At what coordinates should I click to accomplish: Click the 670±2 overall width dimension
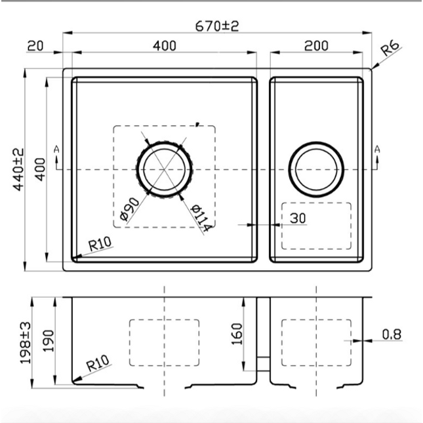[x=217, y=26]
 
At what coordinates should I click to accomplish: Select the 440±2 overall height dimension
[x=18, y=169]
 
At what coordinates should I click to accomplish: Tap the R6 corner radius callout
[x=390, y=49]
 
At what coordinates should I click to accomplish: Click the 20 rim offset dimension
[x=35, y=46]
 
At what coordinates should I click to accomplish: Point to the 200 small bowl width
[x=316, y=46]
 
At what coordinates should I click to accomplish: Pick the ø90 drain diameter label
[x=129, y=209]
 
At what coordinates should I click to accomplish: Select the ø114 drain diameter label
[x=200, y=218]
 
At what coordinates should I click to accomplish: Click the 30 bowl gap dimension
[x=298, y=218]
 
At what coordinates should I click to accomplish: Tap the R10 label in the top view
[x=100, y=244]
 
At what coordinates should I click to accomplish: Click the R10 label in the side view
[x=98, y=363]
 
